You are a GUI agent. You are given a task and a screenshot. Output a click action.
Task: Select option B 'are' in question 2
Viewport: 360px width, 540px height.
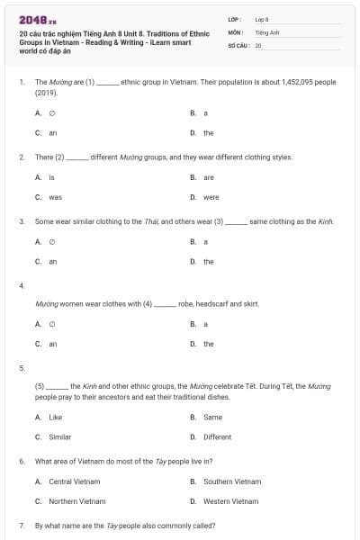[208, 177]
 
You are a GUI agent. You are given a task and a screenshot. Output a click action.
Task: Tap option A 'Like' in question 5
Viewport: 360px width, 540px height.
[55, 417]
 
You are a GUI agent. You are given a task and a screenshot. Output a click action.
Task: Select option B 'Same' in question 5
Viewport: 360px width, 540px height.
[212, 417]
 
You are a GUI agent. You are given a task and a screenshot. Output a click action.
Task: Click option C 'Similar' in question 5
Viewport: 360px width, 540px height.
[59, 436]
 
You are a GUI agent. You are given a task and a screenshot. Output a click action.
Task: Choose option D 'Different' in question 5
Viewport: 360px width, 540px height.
[217, 436]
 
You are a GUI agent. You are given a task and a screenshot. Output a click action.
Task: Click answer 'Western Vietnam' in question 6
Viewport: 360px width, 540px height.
[231, 501]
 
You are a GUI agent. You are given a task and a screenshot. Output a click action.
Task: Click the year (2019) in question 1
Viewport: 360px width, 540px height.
[46, 92]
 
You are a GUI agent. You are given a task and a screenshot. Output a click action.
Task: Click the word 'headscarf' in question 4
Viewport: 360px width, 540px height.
[215, 304]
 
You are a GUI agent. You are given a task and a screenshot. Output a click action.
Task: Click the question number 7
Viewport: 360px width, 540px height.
[22, 526]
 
